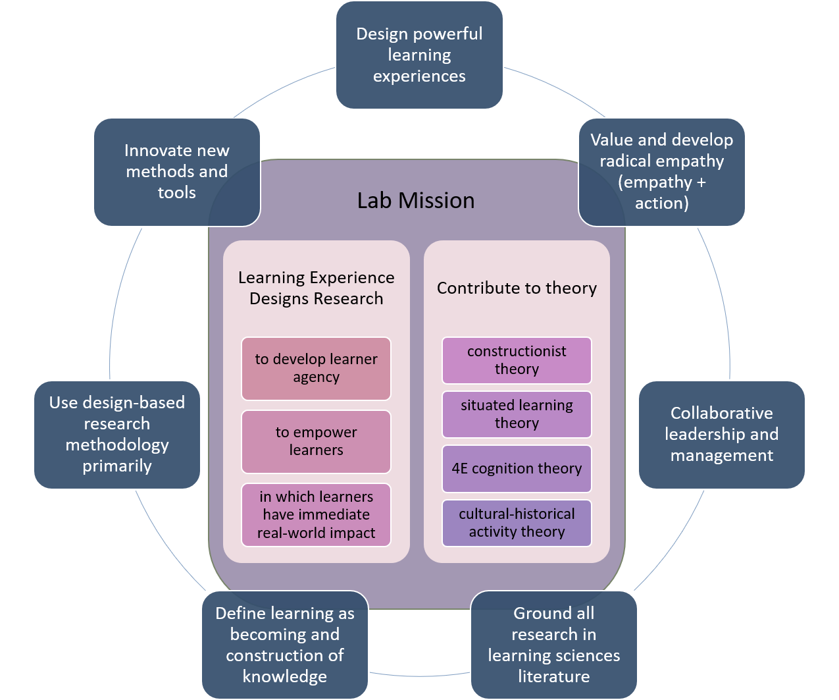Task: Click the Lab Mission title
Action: point(416,200)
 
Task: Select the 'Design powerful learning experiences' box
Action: point(419,55)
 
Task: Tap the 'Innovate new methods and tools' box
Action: point(177,172)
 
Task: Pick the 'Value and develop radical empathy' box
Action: point(661,172)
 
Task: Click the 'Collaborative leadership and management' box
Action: point(721,435)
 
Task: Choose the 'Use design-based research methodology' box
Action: point(117,435)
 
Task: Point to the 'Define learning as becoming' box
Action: point(285,645)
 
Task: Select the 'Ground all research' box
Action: point(553,645)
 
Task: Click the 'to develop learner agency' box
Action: point(316,368)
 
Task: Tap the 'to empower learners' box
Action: point(316,441)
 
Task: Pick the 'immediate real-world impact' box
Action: point(316,515)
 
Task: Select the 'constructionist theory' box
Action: point(517,360)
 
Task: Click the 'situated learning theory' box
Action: point(517,414)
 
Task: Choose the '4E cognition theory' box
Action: point(517,469)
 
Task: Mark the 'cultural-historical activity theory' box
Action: point(517,523)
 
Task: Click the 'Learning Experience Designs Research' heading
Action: point(316,288)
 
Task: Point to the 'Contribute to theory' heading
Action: point(517,288)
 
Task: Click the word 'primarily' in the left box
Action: point(117,466)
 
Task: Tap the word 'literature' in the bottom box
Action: point(553,676)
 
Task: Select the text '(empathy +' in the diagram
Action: point(661,182)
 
